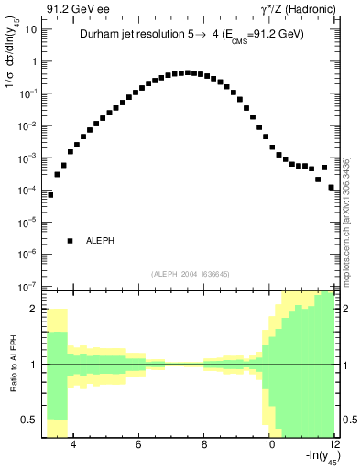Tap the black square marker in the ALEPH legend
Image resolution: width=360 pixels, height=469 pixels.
(x=70, y=241)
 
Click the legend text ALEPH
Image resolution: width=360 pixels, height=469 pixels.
(x=100, y=241)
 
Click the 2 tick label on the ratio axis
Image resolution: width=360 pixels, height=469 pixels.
(x=34, y=309)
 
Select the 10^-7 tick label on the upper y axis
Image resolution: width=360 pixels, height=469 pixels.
(x=28, y=287)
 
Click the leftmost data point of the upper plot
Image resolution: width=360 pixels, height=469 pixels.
(x=50, y=194)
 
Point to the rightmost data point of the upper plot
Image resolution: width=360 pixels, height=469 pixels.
(x=333, y=186)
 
